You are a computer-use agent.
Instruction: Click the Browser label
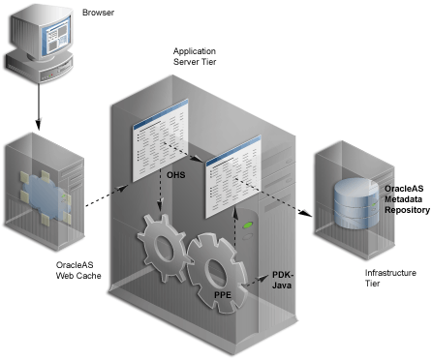click(x=98, y=13)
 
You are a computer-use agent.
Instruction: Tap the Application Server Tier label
click(x=195, y=56)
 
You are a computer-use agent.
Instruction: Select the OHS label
click(x=176, y=175)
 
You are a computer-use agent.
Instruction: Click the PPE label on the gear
click(x=223, y=294)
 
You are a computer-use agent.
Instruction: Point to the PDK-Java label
click(x=283, y=280)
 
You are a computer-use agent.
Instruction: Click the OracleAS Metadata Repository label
click(x=407, y=199)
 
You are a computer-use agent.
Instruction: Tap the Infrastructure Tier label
click(x=390, y=278)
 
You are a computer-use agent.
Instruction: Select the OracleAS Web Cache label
click(x=78, y=270)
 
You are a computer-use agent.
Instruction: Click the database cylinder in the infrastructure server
click(x=356, y=203)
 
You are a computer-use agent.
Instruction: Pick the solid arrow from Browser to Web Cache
click(x=39, y=106)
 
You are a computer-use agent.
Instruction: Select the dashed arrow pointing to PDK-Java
click(x=256, y=281)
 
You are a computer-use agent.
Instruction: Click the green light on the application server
click(x=248, y=225)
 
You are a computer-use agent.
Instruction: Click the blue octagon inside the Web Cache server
click(x=46, y=197)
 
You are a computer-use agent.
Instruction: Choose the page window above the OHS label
click(x=160, y=140)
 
